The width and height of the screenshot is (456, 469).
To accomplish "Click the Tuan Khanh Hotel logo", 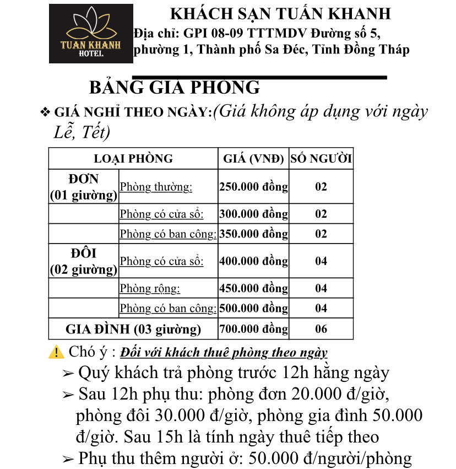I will pos(91,34).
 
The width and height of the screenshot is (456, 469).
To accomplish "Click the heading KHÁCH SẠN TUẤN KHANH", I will pos(280,14).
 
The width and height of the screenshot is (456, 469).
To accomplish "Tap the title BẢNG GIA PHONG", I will pos(174,87).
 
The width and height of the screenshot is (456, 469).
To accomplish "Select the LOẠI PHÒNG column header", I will pos(133,159).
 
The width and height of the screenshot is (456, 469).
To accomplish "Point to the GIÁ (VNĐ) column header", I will pos(253,159).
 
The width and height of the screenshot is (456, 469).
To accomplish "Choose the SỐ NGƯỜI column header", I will pos(321,159).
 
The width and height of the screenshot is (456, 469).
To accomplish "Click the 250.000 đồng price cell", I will pos(253,187).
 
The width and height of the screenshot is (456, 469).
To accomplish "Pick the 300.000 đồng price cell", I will pos(253,214).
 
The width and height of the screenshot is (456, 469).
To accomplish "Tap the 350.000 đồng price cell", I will pos(253,234).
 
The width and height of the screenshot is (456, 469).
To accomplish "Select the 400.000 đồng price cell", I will pos(253,261).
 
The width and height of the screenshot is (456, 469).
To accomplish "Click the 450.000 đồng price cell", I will pos(253,288).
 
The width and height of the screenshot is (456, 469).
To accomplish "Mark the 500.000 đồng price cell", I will pos(253,309).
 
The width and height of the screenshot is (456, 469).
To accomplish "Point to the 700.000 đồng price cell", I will pos(253,330).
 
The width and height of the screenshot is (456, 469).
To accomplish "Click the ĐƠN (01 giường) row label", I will pos(84,187).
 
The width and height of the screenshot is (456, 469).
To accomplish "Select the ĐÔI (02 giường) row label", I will pos(84,261).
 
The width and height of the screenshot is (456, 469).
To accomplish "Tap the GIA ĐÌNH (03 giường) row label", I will pos(133,330).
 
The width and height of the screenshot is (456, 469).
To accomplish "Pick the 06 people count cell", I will pos(321,330).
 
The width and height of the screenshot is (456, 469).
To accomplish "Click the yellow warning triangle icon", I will pos(56,352).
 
